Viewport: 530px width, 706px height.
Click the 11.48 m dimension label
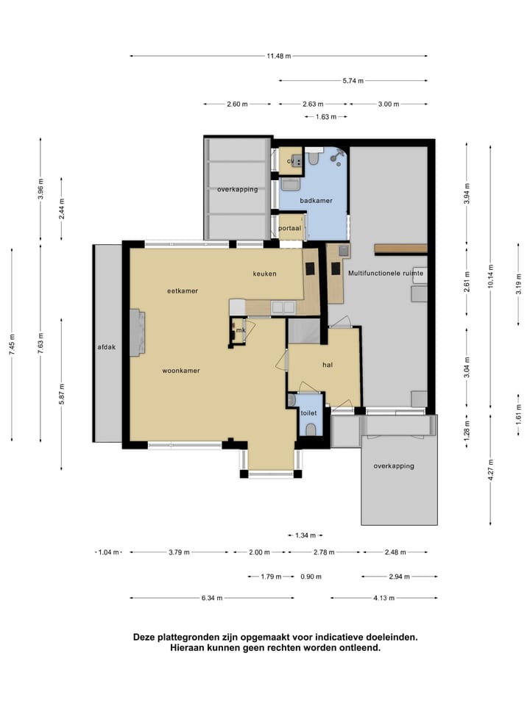pos(278,57)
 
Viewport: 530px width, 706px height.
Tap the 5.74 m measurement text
pos(353,81)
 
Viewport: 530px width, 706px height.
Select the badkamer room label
pos(316,200)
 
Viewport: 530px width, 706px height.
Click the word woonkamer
pos(181,371)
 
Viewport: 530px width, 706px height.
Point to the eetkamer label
pos(183,291)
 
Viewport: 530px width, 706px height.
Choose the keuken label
pos(264,274)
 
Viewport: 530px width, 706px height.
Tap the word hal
pos(328,365)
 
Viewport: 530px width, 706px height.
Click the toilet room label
pos(308,413)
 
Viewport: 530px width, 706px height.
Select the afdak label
pos(107,347)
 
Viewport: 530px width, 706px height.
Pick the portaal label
pos(289,228)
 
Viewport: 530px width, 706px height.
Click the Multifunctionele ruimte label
pos(386,273)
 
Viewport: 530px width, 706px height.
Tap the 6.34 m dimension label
pos(212,599)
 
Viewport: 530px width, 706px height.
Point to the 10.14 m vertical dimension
pos(491,276)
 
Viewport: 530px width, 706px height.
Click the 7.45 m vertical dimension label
pos(12,344)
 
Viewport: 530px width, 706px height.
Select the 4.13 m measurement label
pos(384,599)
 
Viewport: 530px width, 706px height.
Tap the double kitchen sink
pos(283,307)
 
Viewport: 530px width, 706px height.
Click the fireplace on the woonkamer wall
pos(138,332)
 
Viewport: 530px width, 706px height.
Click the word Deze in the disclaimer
pos(144,637)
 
